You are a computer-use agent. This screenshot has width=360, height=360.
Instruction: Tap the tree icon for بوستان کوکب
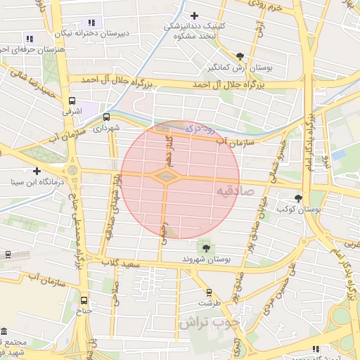(x=299, y=198)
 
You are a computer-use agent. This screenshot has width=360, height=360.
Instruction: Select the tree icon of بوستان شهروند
(x=206, y=247)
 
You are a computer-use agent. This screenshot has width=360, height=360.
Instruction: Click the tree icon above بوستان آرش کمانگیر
(x=241, y=56)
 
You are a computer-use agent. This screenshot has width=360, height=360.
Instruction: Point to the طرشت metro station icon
(x=209, y=292)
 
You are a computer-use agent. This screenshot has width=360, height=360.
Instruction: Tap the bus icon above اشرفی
(x=72, y=101)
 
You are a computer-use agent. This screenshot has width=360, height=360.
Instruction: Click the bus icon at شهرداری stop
(x=106, y=117)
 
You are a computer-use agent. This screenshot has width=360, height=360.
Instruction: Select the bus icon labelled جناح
(x=84, y=299)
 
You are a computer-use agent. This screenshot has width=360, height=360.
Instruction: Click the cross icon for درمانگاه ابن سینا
(x=37, y=171)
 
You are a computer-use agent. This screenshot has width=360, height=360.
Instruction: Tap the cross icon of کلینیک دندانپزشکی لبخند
(x=195, y=15)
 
